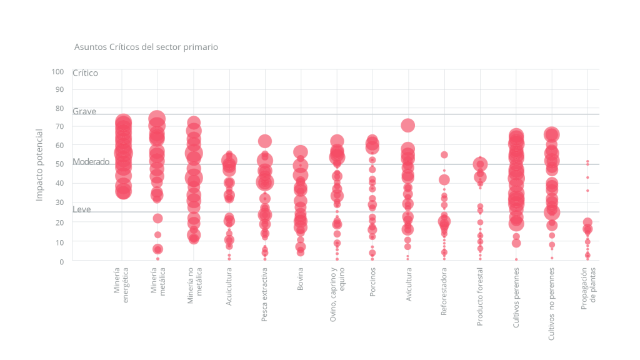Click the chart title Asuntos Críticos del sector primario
(x=146, y=47)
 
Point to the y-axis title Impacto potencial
(x=39, y=165)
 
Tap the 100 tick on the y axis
(x=57, y=71)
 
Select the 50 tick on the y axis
(x=59, y=164)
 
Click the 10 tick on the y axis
(x=59, y=241)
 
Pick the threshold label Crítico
(x=85, y=73)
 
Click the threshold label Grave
(x=84, y=111)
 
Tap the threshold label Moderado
(x=91, y=161)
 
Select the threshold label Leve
(x=81, y=209)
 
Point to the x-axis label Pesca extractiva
(x=265, y=295)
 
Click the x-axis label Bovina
(x=301, y=279)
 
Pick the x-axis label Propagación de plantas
(x=588, y=285)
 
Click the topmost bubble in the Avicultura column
(x=407, y=126)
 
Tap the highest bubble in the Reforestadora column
(x=444, y=154)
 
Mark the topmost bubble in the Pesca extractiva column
(x=265, y=141)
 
